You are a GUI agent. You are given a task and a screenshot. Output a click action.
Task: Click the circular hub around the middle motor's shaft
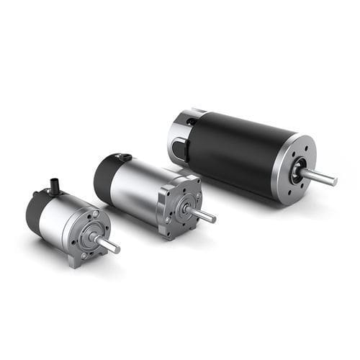pos(189,208)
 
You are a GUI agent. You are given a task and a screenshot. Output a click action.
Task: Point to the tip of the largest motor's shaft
pos(334,181)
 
